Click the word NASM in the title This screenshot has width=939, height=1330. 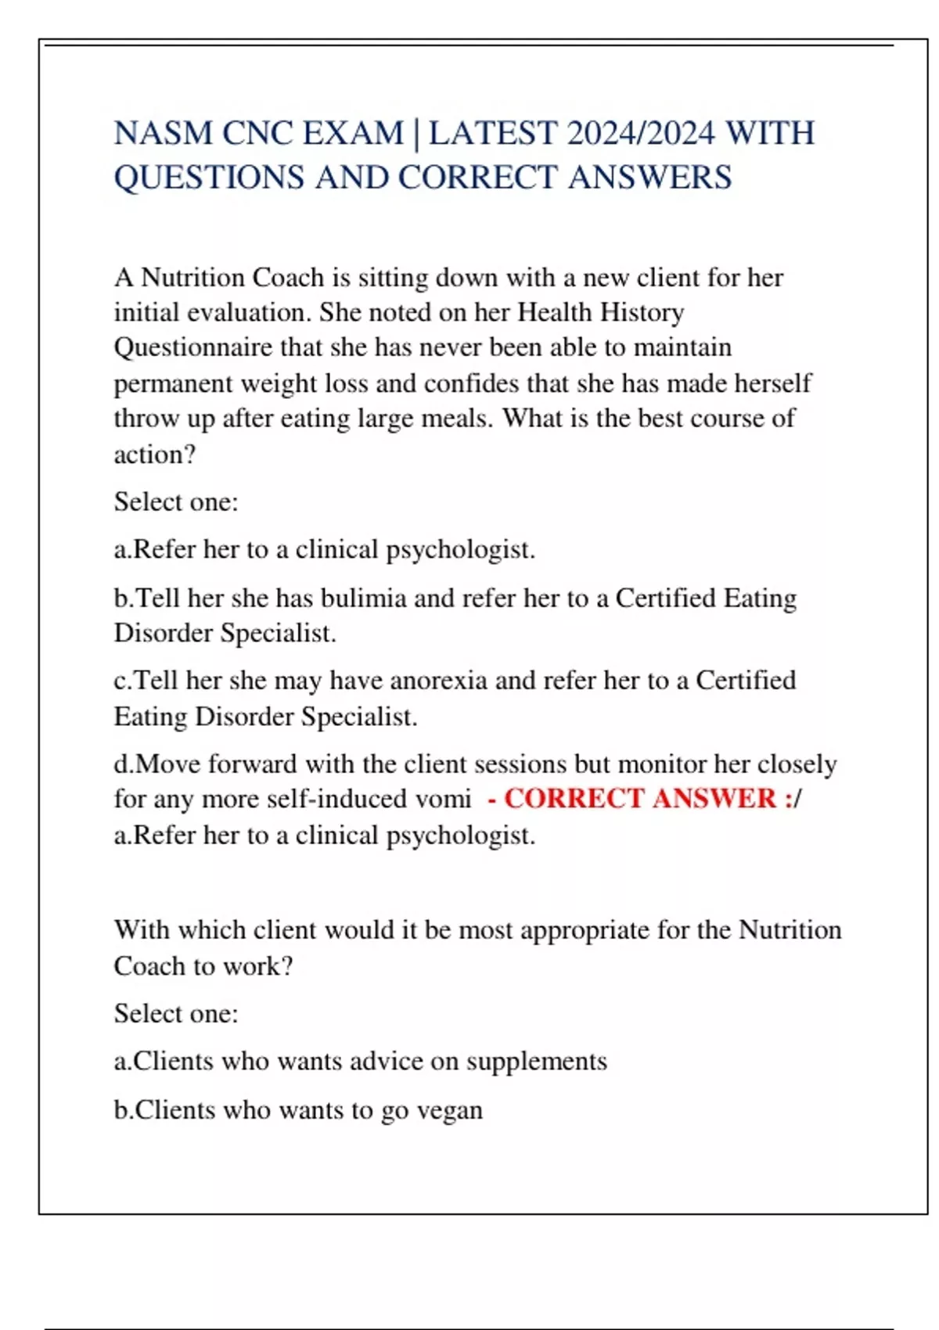pos(164,134)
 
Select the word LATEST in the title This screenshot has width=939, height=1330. pos(493,134)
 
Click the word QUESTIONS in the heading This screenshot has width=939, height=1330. pos(209,178)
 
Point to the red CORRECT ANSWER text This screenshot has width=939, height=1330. pos(640,799)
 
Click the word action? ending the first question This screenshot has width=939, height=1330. pos(155,454)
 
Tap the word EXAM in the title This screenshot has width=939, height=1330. pos(353,134)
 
